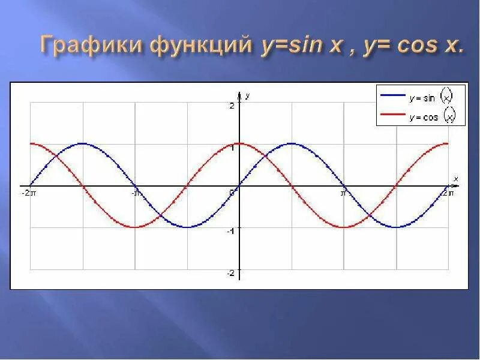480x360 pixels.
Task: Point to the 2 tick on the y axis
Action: point(232,106)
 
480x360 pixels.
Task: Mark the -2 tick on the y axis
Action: point(231,274)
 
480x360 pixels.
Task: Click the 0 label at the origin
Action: point(232,192)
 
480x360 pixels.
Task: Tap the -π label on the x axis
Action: point(136,193)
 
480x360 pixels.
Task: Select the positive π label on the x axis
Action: point(344,193)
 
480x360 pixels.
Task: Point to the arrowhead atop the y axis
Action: point(240,95)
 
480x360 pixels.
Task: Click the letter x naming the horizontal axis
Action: point(456,179)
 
